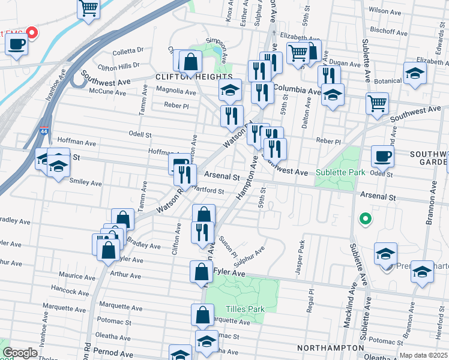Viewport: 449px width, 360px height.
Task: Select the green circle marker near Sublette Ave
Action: (364, 219)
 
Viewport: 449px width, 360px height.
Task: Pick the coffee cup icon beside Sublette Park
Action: (383, 157)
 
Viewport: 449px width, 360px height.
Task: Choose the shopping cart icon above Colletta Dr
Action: (88, 8)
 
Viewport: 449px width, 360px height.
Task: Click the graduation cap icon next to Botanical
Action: (415, 73)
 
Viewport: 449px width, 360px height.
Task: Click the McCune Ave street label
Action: (108, 93)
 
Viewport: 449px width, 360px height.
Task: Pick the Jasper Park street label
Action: (301, 257)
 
